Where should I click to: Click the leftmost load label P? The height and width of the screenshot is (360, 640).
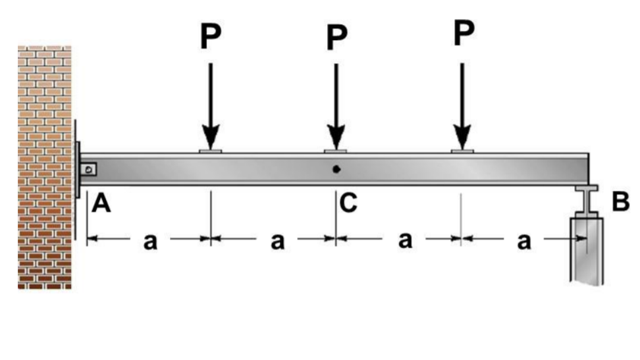(211, 38)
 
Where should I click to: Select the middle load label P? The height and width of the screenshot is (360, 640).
(336, 39)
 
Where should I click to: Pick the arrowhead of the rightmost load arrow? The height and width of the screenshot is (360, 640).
(463, 138)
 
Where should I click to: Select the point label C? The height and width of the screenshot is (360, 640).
(349, 203)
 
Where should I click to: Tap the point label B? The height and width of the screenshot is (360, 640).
(620, 203)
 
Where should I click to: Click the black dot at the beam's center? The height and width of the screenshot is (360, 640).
(336, 169)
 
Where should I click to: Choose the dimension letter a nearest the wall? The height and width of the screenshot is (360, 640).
(150, 242)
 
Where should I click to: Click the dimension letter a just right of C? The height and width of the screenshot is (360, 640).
(405, 241)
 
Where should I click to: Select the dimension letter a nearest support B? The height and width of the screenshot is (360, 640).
(523, 242)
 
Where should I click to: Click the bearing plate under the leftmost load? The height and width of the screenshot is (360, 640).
(211, 151)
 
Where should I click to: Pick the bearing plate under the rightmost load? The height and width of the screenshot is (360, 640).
(463, 151)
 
